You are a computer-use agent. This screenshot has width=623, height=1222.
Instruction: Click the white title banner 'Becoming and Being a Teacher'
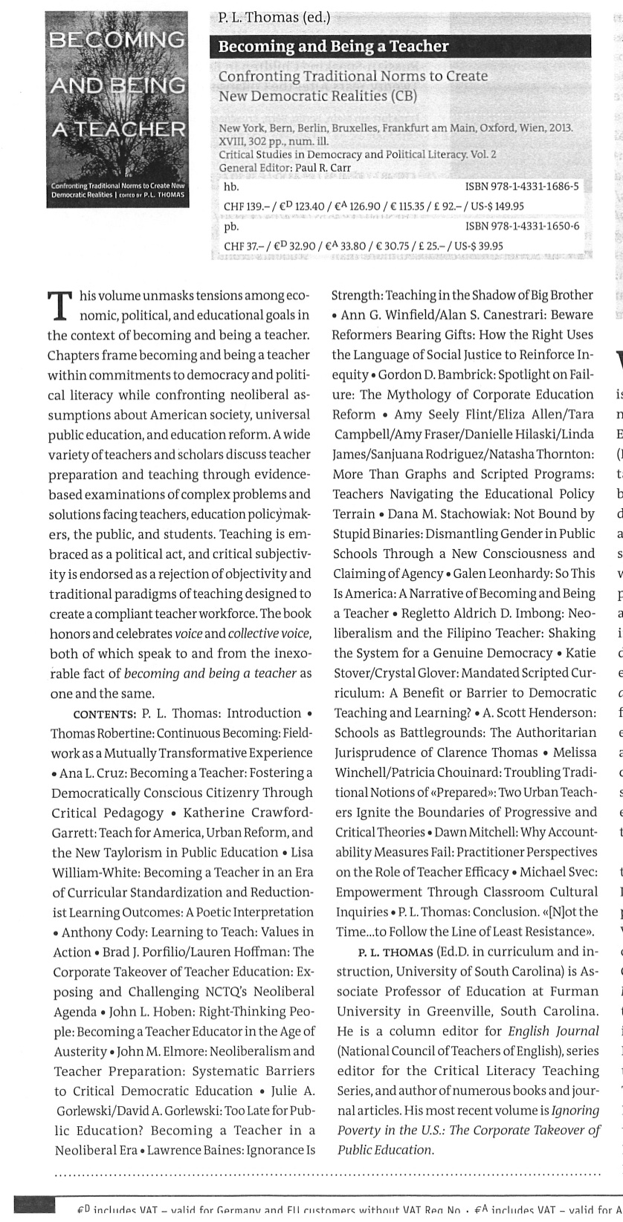point(333,46)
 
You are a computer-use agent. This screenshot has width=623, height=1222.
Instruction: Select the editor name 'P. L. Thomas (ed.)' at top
point(274,18)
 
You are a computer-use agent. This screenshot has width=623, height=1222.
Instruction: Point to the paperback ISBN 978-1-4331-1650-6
point(522,226)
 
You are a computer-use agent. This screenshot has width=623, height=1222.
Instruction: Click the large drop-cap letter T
point(59,306)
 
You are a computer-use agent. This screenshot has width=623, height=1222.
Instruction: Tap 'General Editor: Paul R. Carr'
point(284,168)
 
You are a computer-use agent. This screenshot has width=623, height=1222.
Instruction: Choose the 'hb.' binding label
point(231,186)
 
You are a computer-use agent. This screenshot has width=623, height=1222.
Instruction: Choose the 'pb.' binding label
point(231,226)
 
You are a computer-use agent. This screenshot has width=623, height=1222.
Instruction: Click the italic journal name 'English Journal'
point(553,1031)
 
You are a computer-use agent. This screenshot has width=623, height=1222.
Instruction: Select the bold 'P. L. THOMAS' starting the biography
point(395,952)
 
